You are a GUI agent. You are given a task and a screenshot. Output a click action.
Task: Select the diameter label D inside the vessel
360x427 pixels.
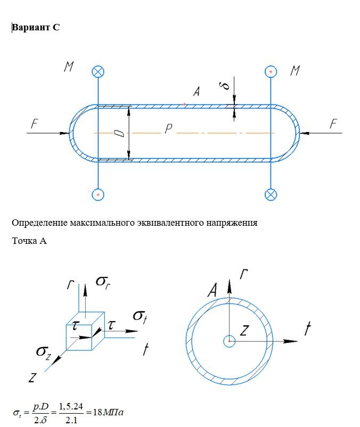(x=121, y=133)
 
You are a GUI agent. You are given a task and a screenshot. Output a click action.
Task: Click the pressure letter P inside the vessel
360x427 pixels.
(x=168, y=129)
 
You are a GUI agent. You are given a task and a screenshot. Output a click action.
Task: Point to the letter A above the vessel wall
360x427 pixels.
(x=196, y=92)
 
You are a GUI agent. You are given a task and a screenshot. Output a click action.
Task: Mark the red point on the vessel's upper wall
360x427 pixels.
(x=185, y=105)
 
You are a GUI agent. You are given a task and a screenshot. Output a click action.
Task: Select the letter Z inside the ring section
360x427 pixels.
(x=244, y=331)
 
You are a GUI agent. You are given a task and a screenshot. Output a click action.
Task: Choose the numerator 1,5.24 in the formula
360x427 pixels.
(x=73, y=407)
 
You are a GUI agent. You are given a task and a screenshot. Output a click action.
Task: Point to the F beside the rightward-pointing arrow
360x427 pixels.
(x=34, y=124)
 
